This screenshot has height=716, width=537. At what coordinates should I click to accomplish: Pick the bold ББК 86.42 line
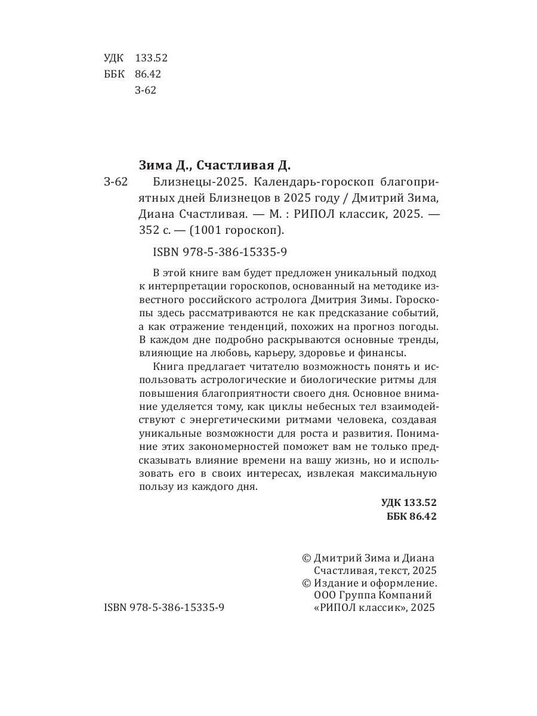[412, 516]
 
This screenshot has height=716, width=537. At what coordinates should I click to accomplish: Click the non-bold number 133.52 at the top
[152, 58]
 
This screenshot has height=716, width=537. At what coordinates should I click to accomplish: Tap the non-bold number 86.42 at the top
[148, 74]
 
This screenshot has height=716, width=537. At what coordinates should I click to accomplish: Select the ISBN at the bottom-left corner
[164, 607]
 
